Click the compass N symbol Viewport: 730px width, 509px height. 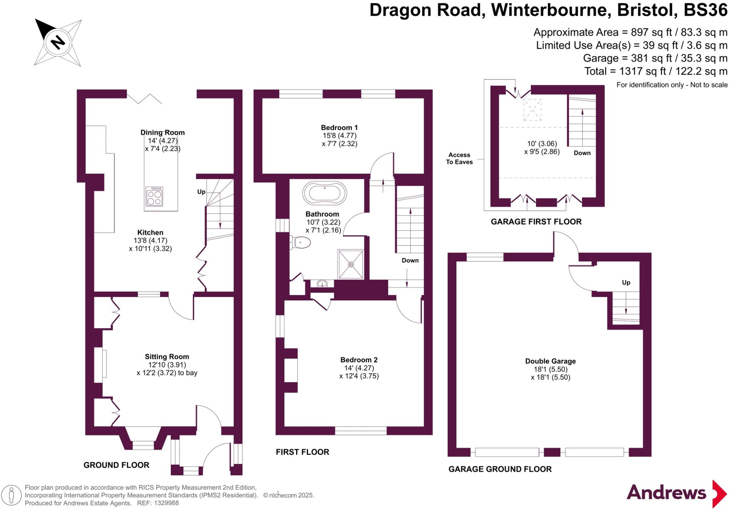tap(58, 42)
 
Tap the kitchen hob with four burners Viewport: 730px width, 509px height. tap(154, 197)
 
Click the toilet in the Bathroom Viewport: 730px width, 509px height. tap(300, 243)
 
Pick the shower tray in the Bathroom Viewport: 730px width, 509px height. tap(351, 264)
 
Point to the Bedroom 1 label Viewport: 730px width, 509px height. tap(339, 127)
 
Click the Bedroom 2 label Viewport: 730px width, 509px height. tap(359, 360)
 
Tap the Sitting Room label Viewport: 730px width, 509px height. tap(167, 356)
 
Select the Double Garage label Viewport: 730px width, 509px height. tap(550, 361)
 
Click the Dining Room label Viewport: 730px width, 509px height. tap(163, 133)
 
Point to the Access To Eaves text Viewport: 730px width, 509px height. tap(459, 158)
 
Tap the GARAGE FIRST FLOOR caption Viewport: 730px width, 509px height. tap(536, 222)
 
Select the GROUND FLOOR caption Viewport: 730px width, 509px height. tap(116, 465)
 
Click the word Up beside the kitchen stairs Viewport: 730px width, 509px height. tap(201, 192)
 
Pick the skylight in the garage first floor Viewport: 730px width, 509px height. tap(532, 110)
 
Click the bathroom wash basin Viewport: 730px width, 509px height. tap(323, 284)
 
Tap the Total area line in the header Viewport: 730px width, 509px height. tap(656, 71)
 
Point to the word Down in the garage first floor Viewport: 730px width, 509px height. tap(582, 153)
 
